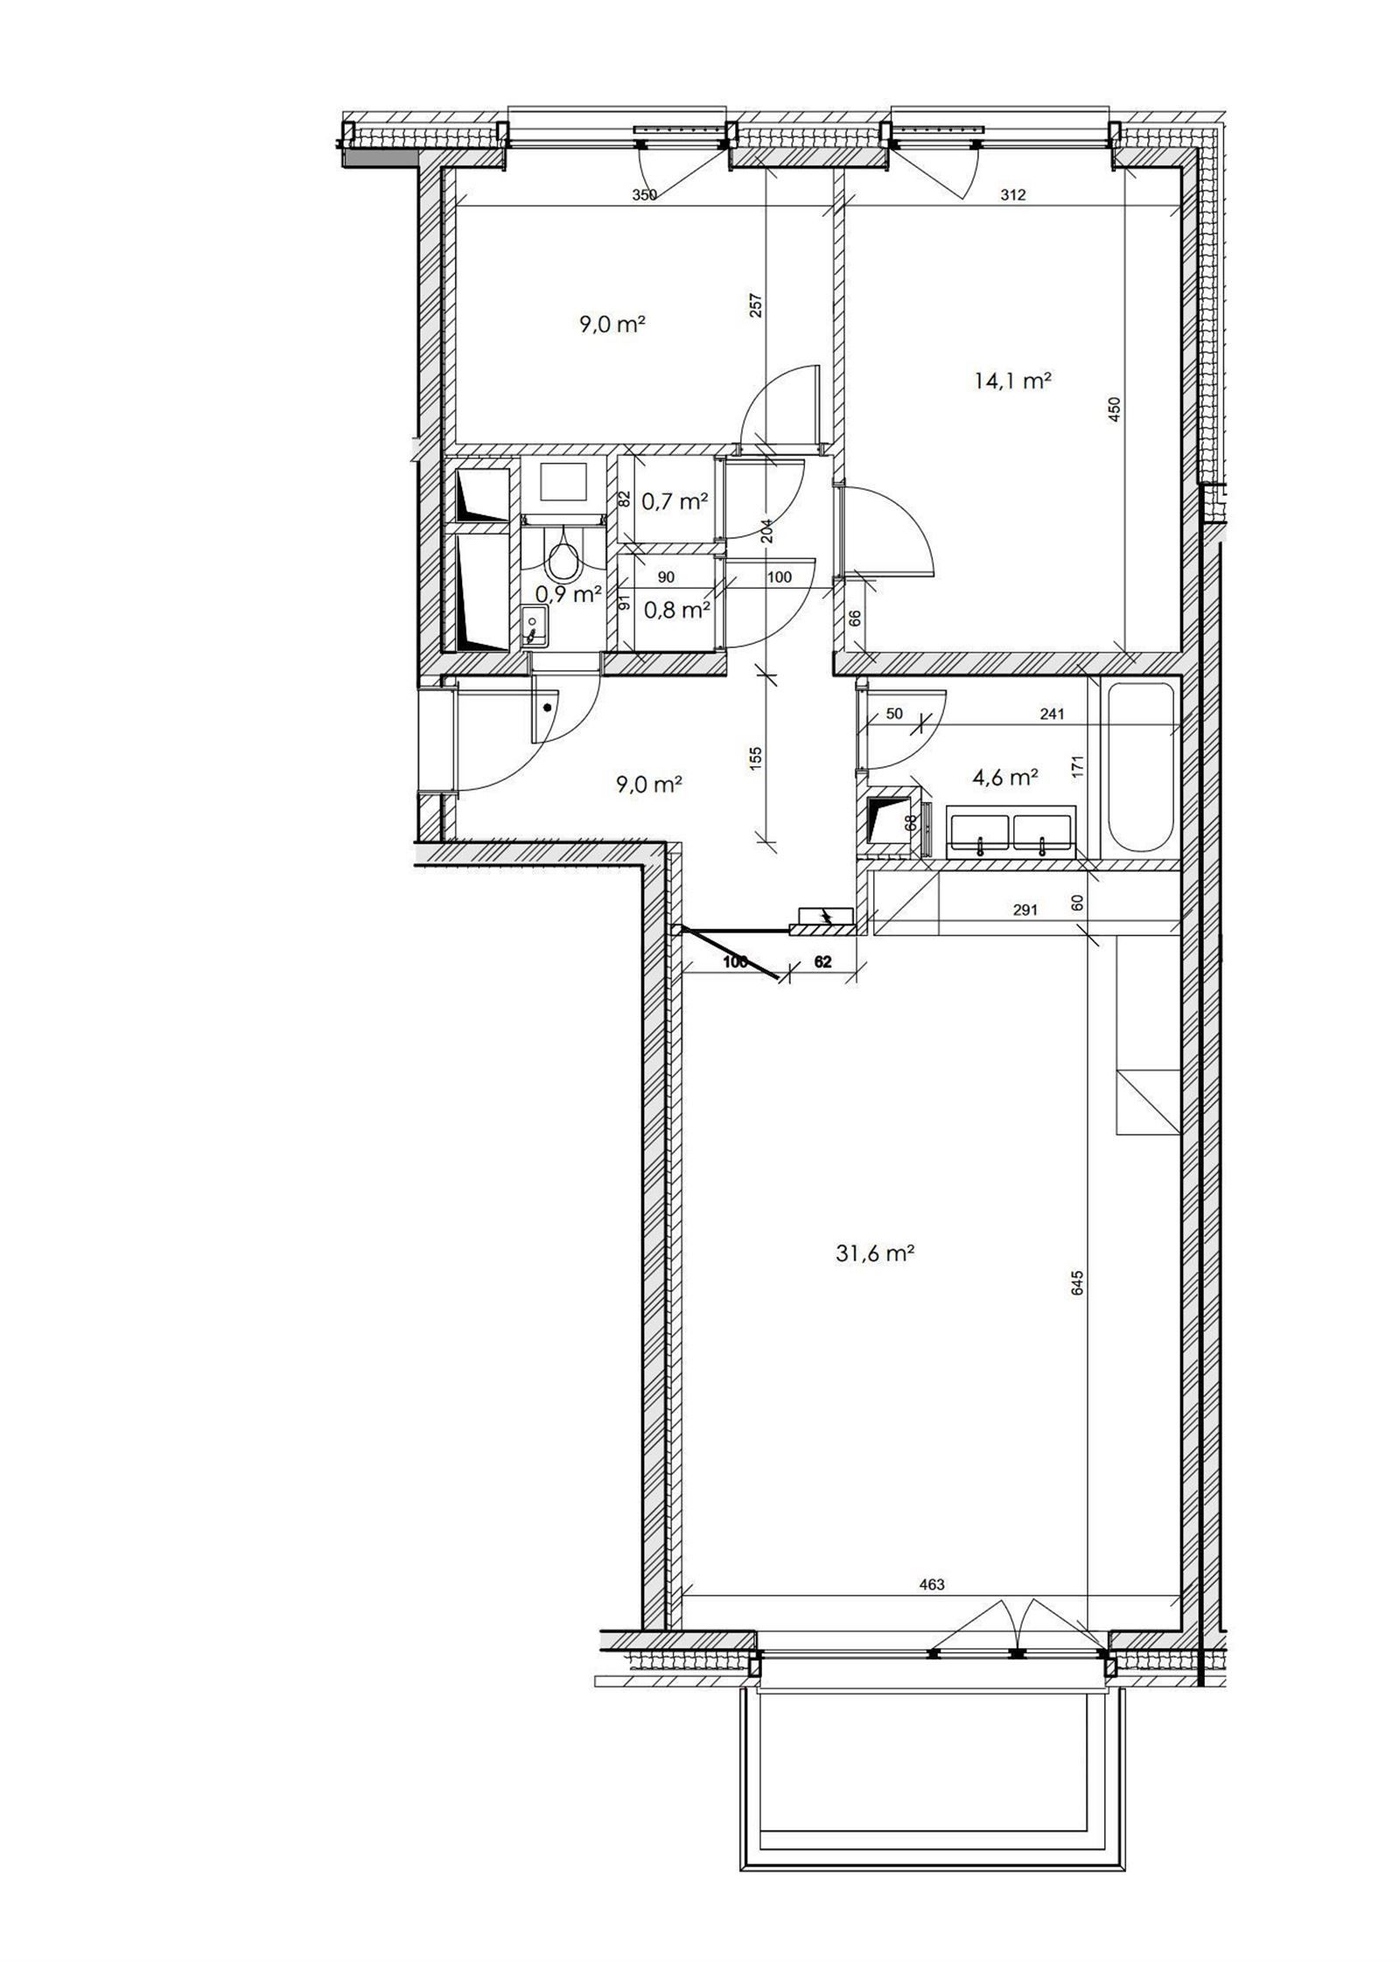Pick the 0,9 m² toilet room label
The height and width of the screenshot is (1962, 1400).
coord(567,594)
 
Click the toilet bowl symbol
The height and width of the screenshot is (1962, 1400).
coord(562,558)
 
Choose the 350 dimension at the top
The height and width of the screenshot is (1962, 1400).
coord(644,196)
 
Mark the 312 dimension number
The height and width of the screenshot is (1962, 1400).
coord(1011,196)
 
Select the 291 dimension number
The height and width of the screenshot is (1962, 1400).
coord(1025,910)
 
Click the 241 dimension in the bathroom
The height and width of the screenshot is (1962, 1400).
coord(1052,714)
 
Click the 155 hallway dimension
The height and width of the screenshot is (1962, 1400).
coord(757,757)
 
